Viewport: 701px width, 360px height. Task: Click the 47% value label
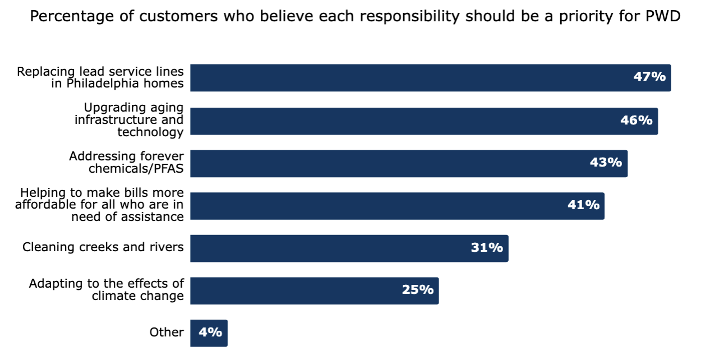tap(649, 77)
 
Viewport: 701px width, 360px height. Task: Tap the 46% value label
tap(636, 120)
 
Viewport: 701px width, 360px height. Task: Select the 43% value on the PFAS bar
tap(606, 163)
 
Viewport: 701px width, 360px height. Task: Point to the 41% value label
tap(583, 205)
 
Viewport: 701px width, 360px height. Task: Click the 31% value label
tap(487, 247)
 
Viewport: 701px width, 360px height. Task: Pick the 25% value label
tap(417, 290)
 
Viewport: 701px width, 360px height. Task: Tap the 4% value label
tap(210, 333)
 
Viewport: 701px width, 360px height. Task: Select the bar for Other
tap(209, 333)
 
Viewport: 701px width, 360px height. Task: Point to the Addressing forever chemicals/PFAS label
tap(127, 163)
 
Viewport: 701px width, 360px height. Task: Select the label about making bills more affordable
tap(100, 205)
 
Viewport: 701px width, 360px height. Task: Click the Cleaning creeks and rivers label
tap(103, 247)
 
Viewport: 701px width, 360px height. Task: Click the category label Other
tap(167, 333)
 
